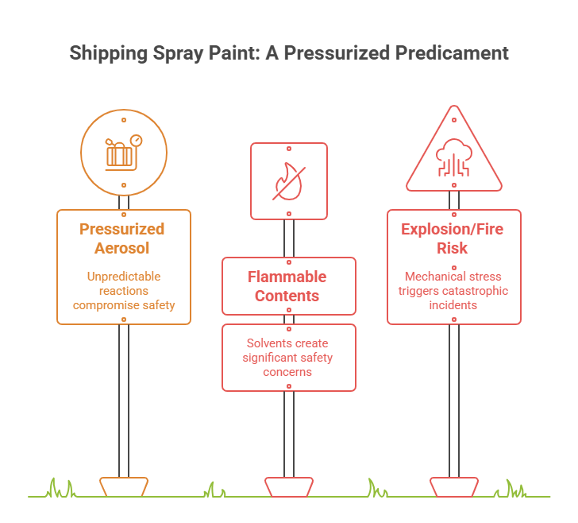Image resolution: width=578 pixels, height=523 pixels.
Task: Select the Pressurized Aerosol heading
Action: [x=122, y=238]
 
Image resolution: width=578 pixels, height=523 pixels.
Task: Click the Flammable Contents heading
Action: [x=287, y=286]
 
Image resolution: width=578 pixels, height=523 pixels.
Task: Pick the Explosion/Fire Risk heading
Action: [x=453, y=238]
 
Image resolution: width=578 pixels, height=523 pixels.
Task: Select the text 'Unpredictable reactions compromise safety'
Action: [x=123, y=290]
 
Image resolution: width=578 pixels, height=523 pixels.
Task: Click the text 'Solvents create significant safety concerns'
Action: [x=287, y=357]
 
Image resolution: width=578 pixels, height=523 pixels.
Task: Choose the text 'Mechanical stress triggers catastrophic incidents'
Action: [x=453, y=290]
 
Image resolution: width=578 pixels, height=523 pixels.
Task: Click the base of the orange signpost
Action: [x=123, y=486]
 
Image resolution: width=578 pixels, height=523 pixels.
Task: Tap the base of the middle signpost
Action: [x=287, y=486]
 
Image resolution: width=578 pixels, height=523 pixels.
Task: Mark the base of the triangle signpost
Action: [x=453, y=486]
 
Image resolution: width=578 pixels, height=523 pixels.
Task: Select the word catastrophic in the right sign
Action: [x=475, y=291]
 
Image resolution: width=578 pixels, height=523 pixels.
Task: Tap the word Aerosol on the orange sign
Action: [x=122, y=248]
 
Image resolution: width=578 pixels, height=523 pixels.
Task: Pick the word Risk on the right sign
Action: [x=453, y=248]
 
